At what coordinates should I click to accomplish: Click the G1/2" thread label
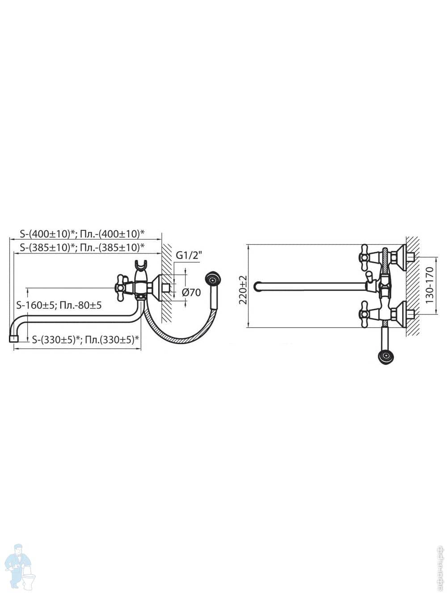click(190, 256)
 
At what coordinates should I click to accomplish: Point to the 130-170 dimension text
click(430, 285)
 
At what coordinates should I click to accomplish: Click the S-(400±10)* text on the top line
click(45, 233)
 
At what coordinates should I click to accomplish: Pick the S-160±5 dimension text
click(36, 305)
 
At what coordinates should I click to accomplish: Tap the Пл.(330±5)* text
click(113, 340)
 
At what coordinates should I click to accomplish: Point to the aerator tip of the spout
click(13, 339)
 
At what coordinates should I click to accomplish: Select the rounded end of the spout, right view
click(257, 286)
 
